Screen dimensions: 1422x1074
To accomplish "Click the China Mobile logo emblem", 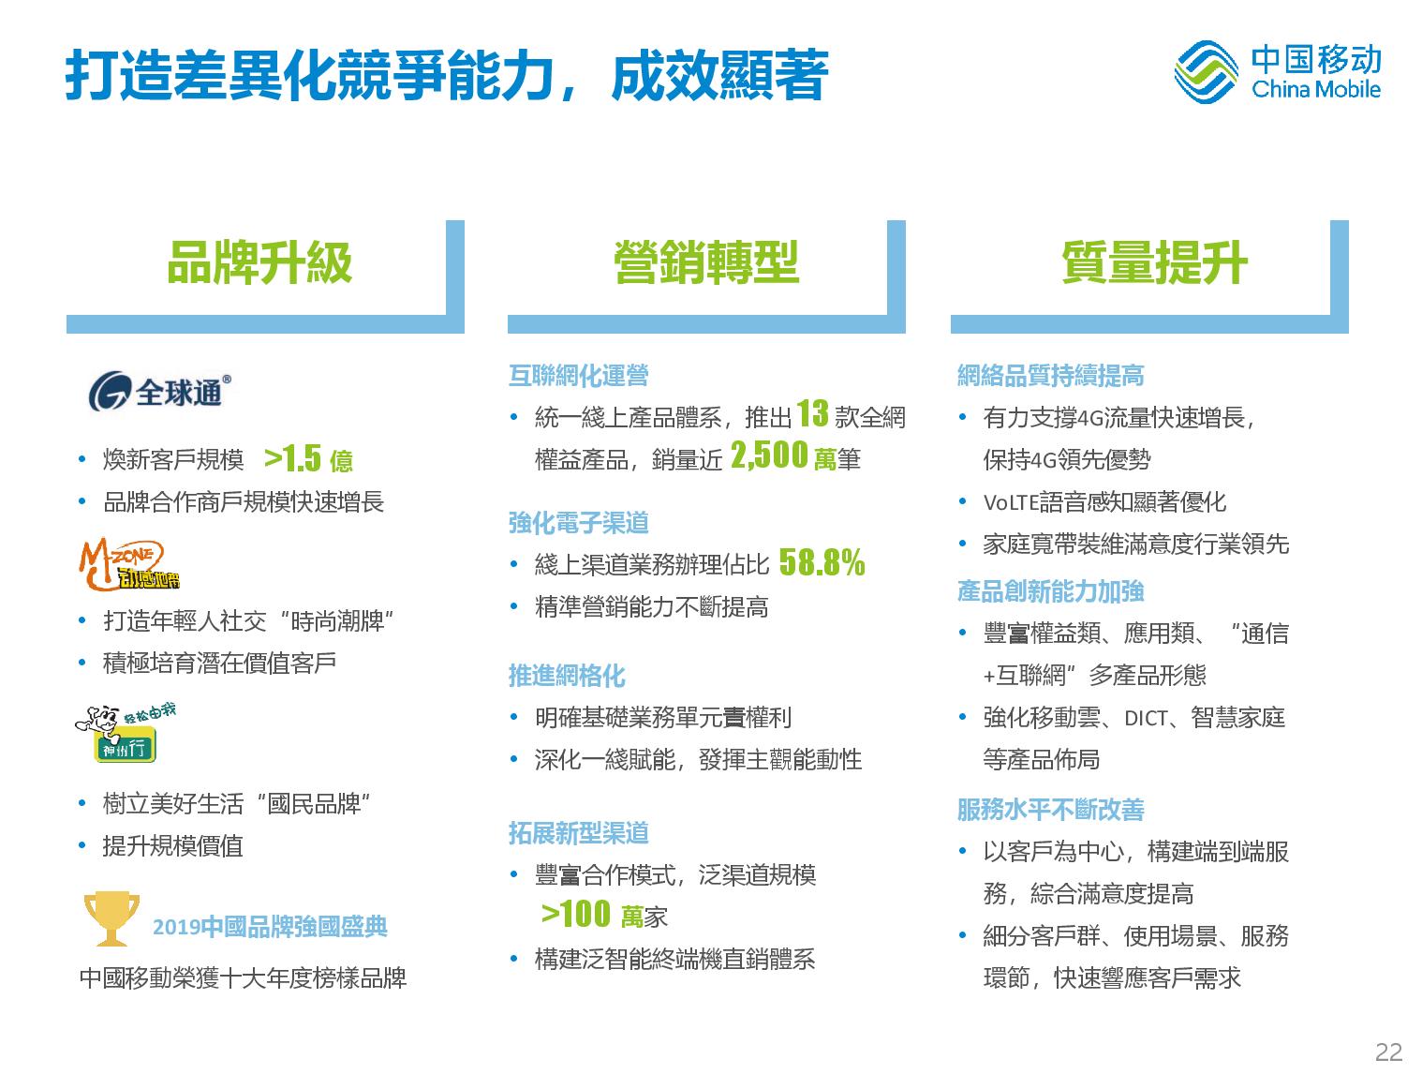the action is (1206, 72).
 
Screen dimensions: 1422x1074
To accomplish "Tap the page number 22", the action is (1388, 1052).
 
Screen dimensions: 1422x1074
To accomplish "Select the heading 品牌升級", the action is (259, 262).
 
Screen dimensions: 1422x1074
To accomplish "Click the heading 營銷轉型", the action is (706, 262).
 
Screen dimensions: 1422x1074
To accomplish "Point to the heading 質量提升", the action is (1154, 262).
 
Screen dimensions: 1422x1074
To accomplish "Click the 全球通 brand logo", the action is (159, 391).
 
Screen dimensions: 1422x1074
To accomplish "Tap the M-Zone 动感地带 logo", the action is (129, 564).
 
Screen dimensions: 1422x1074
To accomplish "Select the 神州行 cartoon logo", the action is (125, 733).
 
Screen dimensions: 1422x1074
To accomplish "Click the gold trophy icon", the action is (111, 918).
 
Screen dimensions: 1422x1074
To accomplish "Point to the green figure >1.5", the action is (293, 458).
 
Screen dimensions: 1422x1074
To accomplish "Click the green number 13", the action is (812, 413).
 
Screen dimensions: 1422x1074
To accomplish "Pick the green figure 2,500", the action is (769, 455).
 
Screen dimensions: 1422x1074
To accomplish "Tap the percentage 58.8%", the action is (822, 562).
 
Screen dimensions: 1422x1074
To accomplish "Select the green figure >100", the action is (576, 914).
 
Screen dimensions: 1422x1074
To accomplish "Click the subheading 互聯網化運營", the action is (579, 375).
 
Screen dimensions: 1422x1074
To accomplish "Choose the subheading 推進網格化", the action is (567, 676).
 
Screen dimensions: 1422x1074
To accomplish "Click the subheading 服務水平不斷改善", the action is (1051, 810).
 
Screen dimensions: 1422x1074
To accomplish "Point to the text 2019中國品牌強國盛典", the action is (270, 927).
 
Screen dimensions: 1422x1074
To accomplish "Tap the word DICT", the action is (1146, 719).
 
